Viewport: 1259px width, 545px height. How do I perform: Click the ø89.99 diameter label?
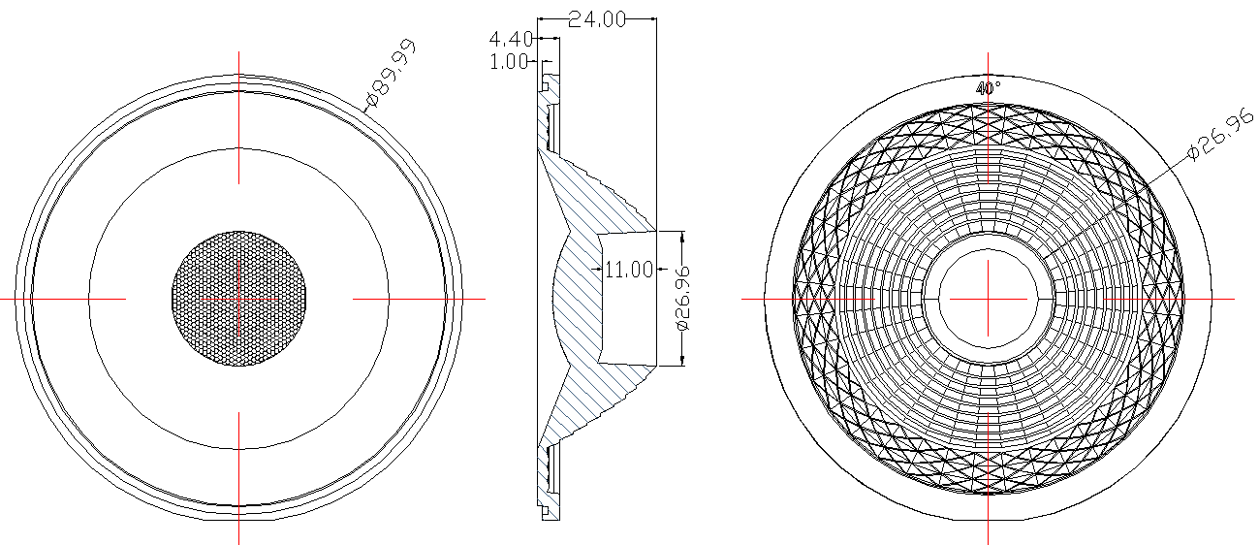[392, 74]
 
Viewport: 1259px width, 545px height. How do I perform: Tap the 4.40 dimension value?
[510, 40]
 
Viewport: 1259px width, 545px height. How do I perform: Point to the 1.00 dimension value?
[510, 61]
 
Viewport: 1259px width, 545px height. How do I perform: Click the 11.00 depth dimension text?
[629, 270]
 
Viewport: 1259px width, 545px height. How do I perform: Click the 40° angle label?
[988, 88]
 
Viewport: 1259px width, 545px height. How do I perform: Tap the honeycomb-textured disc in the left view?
[239, 299]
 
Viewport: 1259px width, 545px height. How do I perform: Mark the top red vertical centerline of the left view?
[239, 116]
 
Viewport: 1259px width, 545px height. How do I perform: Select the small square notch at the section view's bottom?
[545, 509]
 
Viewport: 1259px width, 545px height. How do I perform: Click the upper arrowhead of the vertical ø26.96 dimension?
[682, 237]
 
